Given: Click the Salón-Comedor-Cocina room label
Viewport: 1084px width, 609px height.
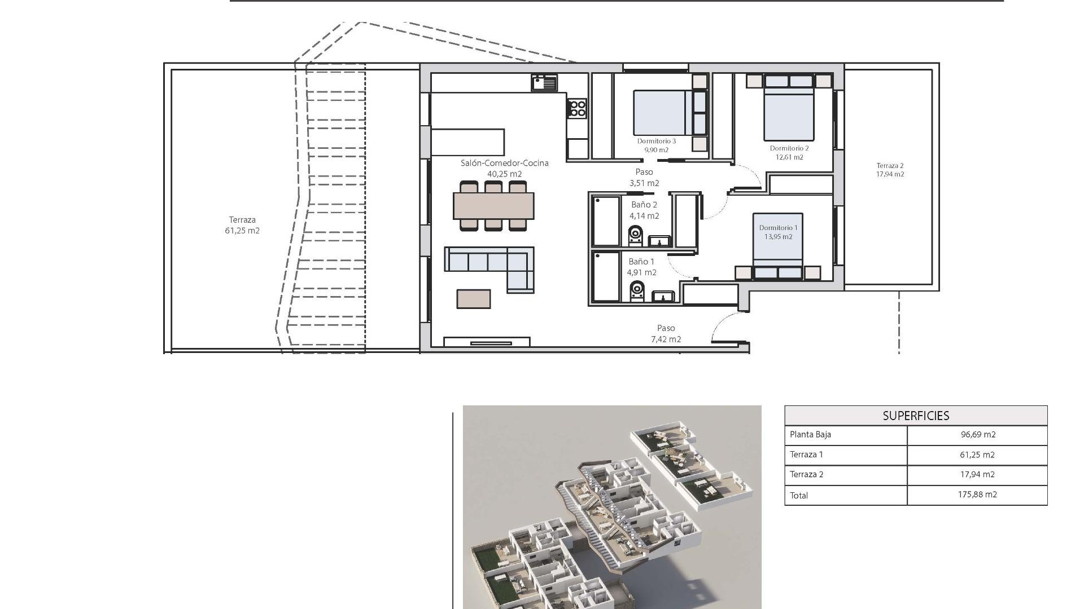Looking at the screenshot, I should click(x=504, y=164).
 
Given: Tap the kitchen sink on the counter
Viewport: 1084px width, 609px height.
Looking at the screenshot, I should click(x=544, y=83).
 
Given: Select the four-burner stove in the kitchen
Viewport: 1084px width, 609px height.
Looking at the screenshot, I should click(x=577, y=108).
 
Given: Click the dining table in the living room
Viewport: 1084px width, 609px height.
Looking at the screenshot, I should click(x=493, y=206).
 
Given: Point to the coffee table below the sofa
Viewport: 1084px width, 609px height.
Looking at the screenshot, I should click(x=474, y=299).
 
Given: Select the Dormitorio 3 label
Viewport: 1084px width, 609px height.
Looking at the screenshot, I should click(x=656, y=141).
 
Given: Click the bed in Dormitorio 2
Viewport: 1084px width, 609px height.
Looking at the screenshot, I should click(x=789, y=113).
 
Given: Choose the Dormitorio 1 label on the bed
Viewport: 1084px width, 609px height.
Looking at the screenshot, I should click(x=778, y=228).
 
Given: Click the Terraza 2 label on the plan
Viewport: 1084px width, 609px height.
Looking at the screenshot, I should click(x=890, y=166).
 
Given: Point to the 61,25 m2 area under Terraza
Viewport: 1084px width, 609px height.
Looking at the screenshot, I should click(x=242, y=231).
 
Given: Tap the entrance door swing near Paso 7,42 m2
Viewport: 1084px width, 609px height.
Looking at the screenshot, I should click(x=725, y=330).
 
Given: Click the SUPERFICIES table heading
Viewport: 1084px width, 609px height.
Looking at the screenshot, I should click(x=916, y=416).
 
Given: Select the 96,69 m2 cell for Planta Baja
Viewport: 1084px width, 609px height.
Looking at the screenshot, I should click(x=978, y=435).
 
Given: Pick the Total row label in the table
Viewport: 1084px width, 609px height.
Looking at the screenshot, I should click(x=799, y=496).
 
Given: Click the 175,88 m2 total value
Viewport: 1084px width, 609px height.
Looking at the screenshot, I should click(x=978, y=495).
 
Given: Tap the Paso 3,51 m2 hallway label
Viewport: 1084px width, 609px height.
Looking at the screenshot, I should click(x=644, y=177).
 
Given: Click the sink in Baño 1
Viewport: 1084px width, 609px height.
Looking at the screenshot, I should click(x=663, y=296).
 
